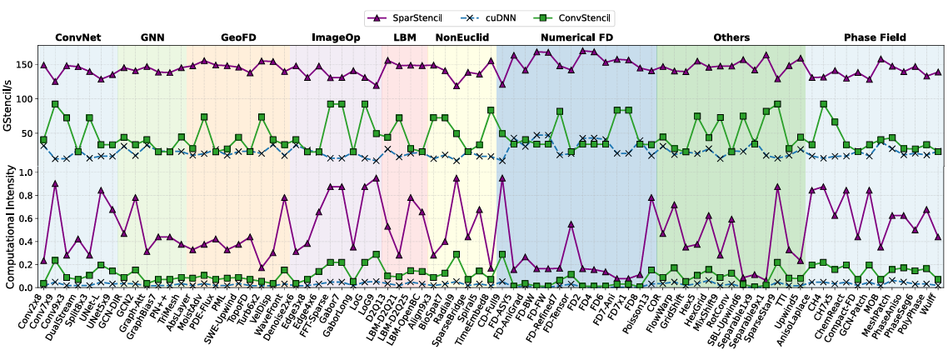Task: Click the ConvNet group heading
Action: pos(78,37)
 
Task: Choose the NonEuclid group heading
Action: pos(461,37)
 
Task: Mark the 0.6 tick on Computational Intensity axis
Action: pos(27,218)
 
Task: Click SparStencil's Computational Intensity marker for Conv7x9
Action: pos(55,183)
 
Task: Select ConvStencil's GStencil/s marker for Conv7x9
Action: pos(55,104)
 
